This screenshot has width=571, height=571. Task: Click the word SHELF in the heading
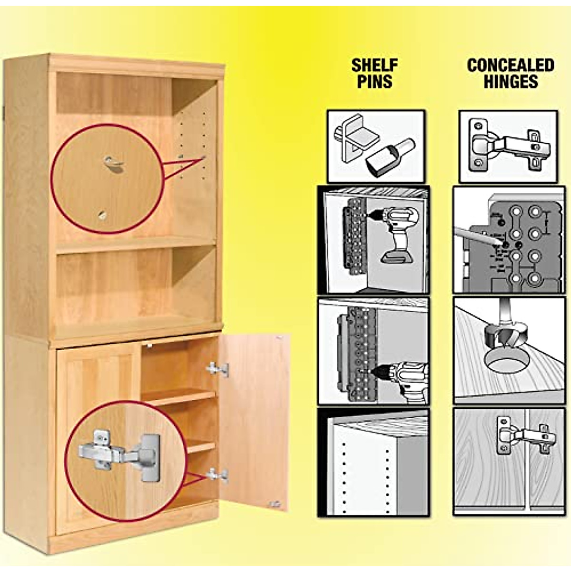coord(374,65)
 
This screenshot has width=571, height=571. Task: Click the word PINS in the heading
coord(374,81)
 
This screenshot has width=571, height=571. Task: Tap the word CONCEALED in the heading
coord(511,65)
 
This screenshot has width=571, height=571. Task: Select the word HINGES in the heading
coord(511,81)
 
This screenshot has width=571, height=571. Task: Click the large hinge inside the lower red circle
coord(119,452)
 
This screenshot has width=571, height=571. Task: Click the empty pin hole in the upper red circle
coord(103,215)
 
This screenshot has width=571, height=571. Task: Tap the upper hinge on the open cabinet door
coord(217,369)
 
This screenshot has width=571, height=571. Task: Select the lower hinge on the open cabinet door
coord(217,475)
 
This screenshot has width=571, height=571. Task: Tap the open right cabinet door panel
coord(255,419)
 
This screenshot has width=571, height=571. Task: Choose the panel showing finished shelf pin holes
coord(374,462)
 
